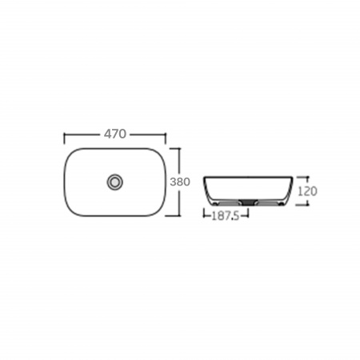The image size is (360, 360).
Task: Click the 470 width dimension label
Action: (115, 134)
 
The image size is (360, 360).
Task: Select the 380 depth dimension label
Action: (180, 182)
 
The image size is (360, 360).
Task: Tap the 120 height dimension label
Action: (307, 191)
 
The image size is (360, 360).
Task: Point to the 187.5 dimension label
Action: (226, 216)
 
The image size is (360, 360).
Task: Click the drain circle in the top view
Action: (115, 182)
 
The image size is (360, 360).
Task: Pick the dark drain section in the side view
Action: (248, 202)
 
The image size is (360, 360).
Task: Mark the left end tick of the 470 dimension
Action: (64, 138)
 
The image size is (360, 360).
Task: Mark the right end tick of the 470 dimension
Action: (166, 138)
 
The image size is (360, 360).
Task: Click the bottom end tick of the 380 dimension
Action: (173, 215)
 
